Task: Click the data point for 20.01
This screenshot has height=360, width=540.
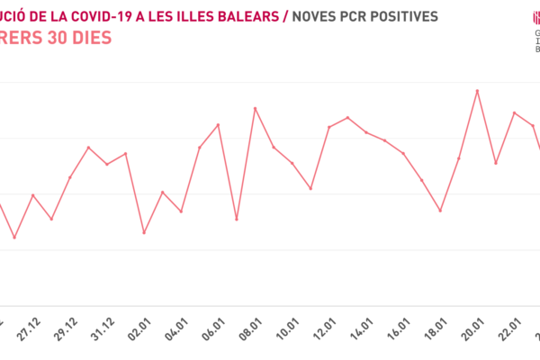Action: (x=477, y=90)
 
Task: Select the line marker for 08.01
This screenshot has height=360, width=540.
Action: (x=256, y=108)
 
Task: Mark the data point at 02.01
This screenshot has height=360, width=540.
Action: (x=144, y=233)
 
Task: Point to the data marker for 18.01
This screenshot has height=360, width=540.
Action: (x=440, y=211)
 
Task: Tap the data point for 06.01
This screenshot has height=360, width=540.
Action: (x=218, y=124)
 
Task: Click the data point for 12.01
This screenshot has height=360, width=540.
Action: (x=329, y=127)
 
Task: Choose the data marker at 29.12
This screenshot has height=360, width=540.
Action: (x=69, y=177)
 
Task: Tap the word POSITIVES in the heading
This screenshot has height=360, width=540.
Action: (x=400, y=16)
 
